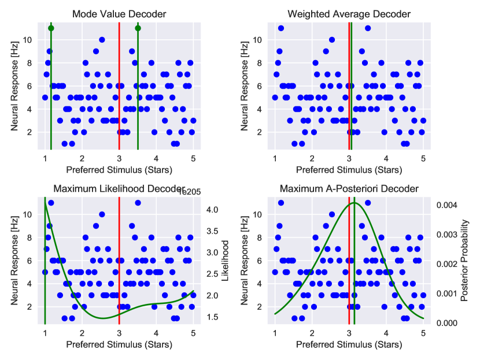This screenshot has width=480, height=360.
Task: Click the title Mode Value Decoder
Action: [119, 14]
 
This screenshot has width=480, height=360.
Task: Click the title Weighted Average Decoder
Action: [349, 14]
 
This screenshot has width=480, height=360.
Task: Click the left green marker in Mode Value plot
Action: [51, 28]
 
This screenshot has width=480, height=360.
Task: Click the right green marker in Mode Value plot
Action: [138, 28]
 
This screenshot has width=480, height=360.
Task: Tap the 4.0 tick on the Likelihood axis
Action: [212, 210]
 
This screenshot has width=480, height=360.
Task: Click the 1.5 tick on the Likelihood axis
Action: [212, 317]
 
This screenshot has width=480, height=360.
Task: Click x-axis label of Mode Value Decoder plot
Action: [119, 170]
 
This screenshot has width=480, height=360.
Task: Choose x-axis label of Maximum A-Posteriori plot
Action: [349, 345]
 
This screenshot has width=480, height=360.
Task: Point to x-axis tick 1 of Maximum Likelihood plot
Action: [45, 333]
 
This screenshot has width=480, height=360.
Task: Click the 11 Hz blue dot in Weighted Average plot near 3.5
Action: [367, 28]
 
